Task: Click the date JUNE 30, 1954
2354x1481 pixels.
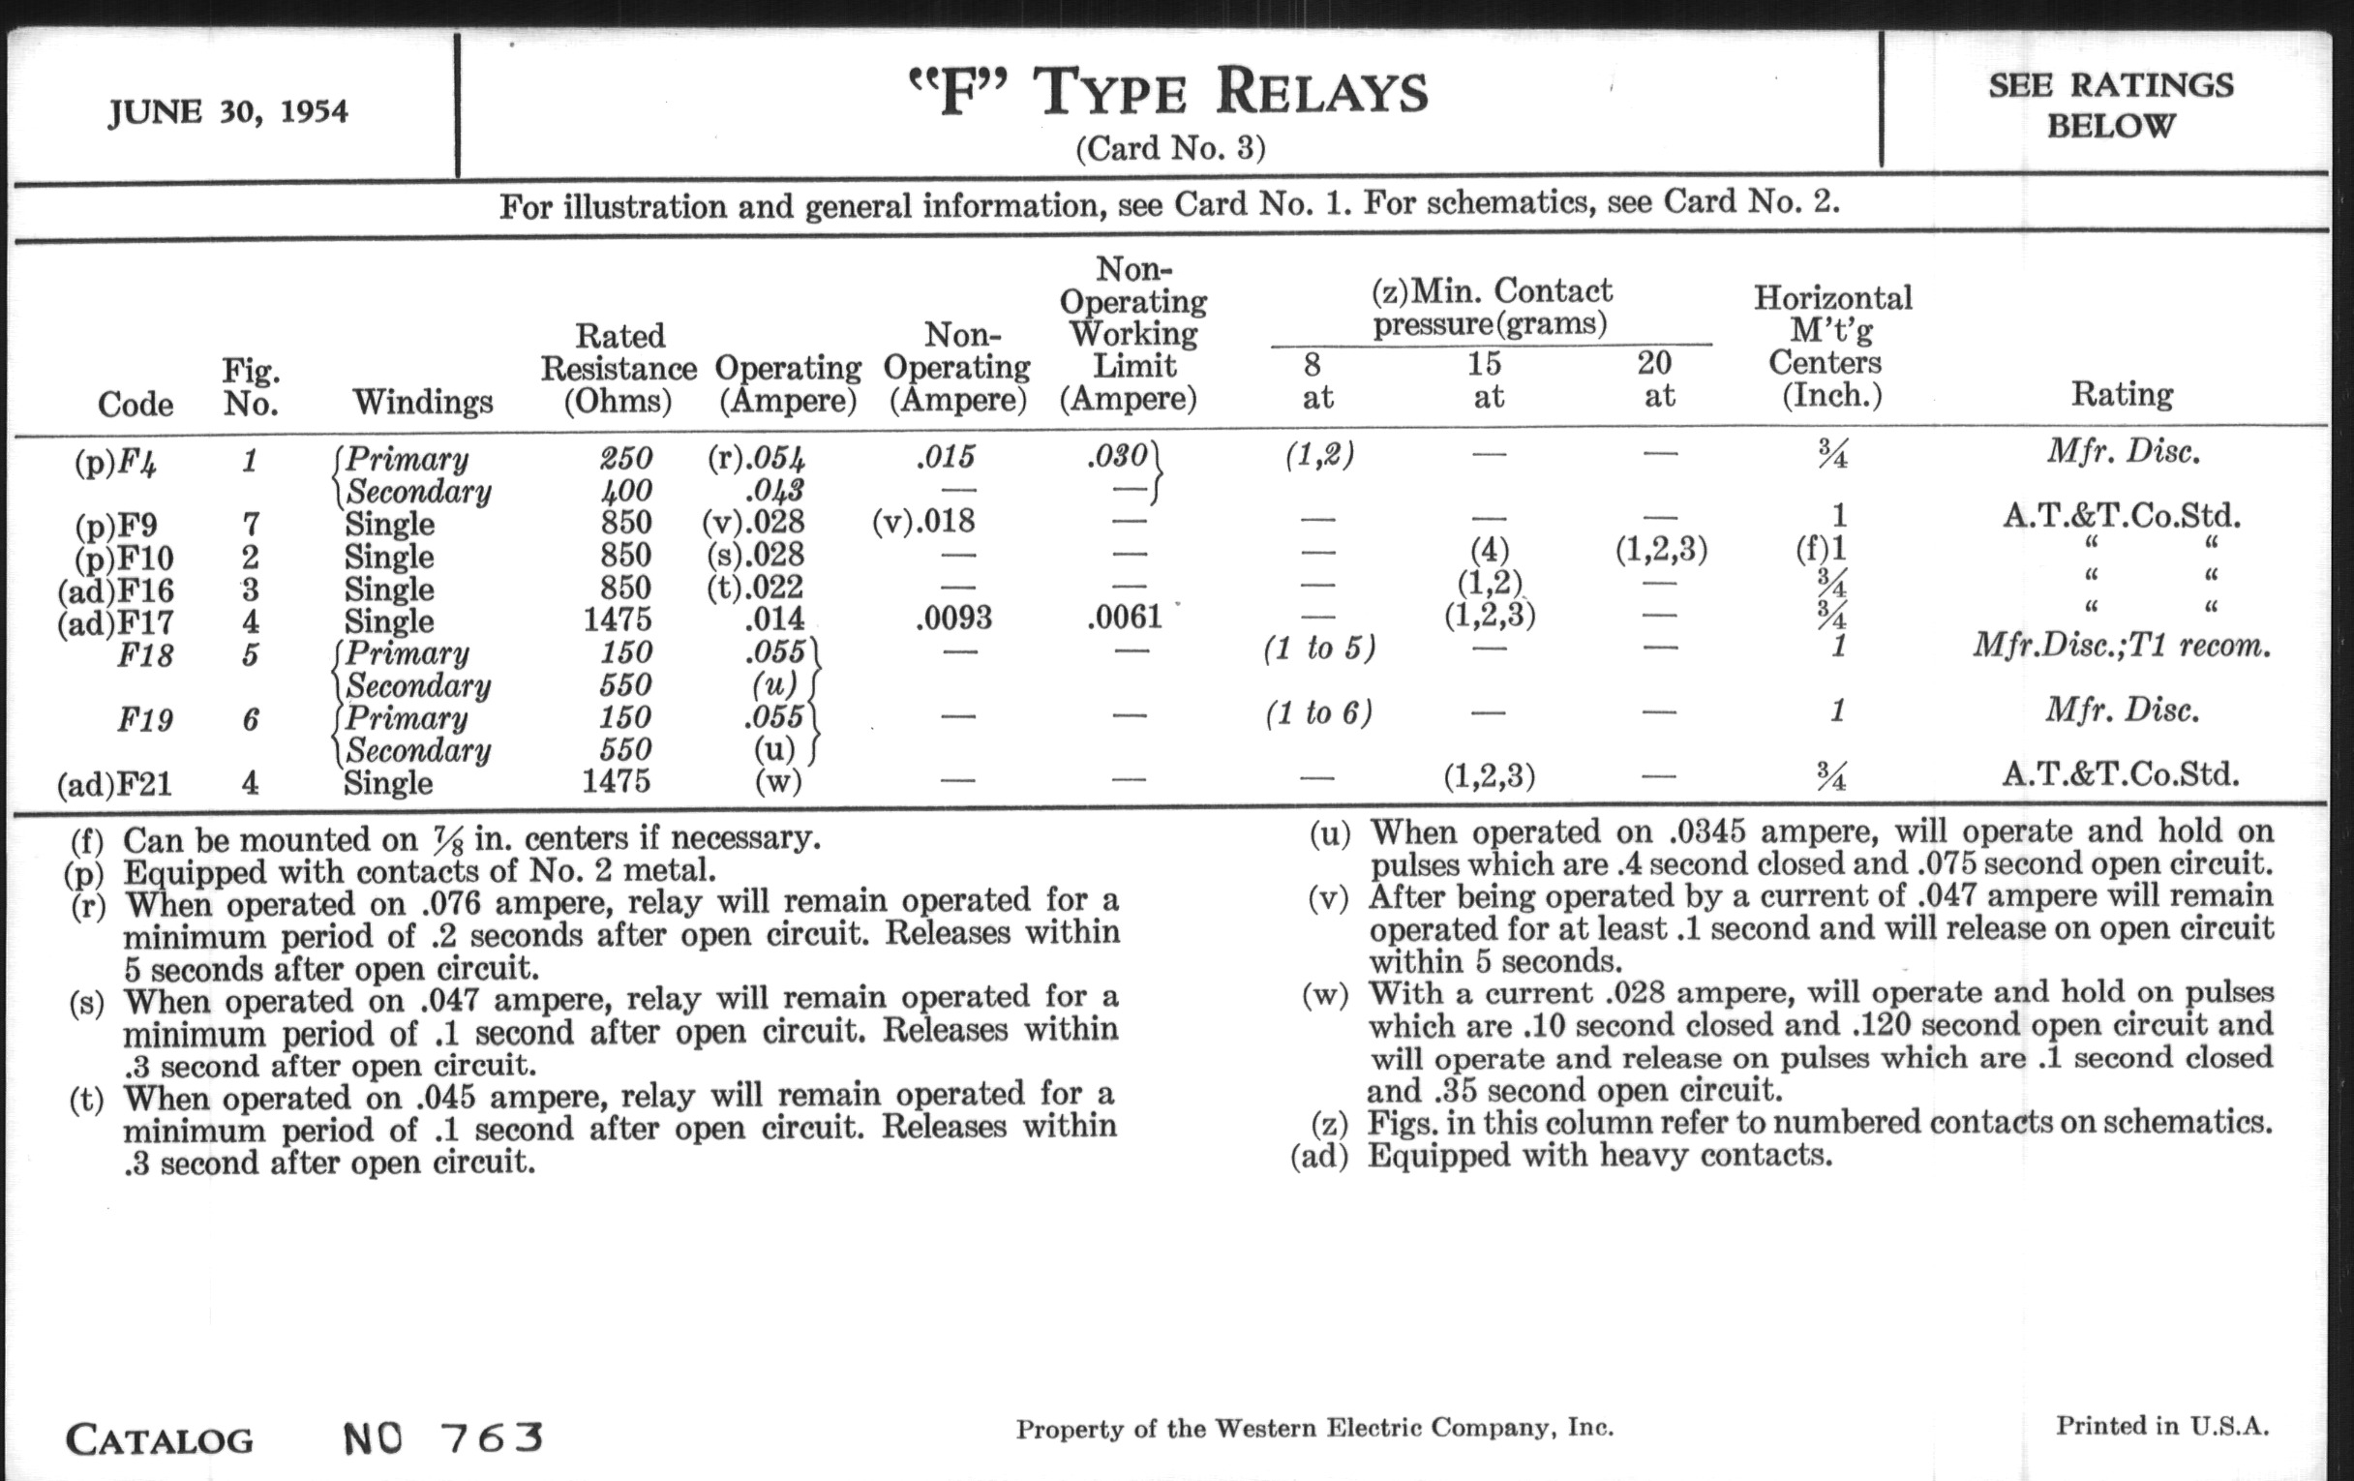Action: pos(227,112)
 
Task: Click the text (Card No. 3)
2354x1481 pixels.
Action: pos(1170,149)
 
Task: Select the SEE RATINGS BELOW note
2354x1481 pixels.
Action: pos(2111,106)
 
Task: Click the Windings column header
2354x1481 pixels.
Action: pos(422,402)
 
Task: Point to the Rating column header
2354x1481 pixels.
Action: pos(2122,395)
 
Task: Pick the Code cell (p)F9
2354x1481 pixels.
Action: pos(115,526)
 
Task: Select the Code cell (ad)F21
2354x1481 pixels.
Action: pos(114,784)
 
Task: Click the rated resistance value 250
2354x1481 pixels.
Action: pos(625,458)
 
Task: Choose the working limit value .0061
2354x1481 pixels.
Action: pos(1124,617)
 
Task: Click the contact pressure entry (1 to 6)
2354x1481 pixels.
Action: pos(1318,712)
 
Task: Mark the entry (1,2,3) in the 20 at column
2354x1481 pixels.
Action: pos(1661,551)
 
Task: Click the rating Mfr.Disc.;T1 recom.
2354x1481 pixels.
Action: pos(2122,647)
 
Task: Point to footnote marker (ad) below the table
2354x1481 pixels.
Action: pos(1318,1157)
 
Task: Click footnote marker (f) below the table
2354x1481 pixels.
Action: pos(87,840)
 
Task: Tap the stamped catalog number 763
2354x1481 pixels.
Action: pos(491,1438)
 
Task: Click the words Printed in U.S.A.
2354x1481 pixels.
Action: pos(2161,1426)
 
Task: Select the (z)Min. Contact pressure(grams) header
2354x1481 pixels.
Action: pos(1491,306)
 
